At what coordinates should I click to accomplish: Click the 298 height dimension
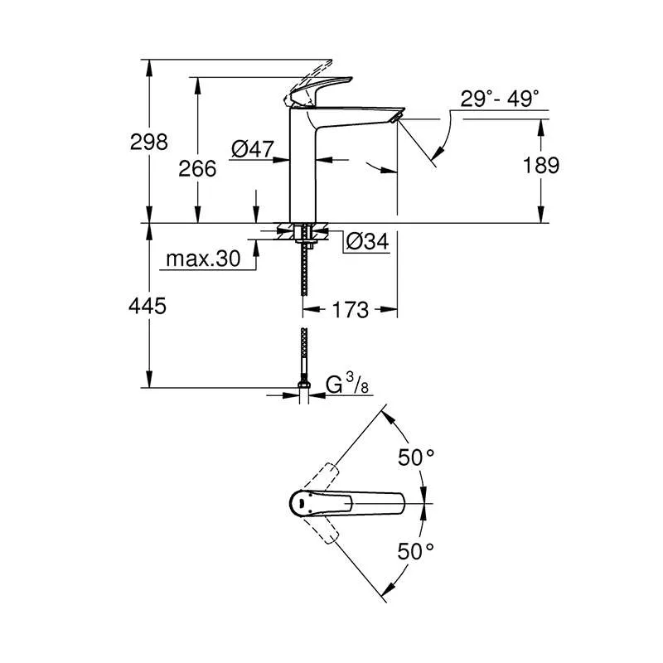click(149, 142)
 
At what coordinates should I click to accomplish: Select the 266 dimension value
click(197, 169)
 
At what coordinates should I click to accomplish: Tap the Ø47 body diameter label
click(253, 149)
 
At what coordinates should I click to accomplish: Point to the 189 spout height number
click(541, 165)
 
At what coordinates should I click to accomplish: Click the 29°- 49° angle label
click(500, 99)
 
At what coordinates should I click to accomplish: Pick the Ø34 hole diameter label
click(367, 241)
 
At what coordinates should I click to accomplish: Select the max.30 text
click(203, 259)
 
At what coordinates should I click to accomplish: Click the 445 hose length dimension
click(148, 306)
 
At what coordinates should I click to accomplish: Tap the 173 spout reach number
click(350, 310)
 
